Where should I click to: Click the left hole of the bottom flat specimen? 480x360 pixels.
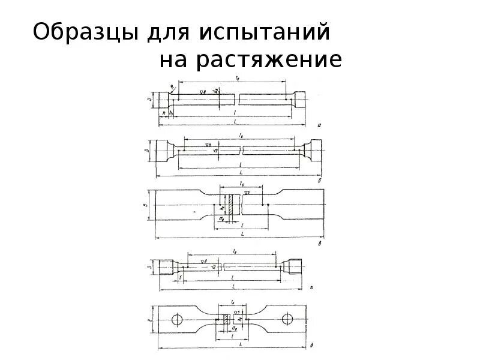click(178, 319)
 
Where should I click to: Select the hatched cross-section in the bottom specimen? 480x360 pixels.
click(226, 320)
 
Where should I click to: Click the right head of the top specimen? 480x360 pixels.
click(298, 100)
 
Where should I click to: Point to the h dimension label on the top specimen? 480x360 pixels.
click(163, 112)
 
